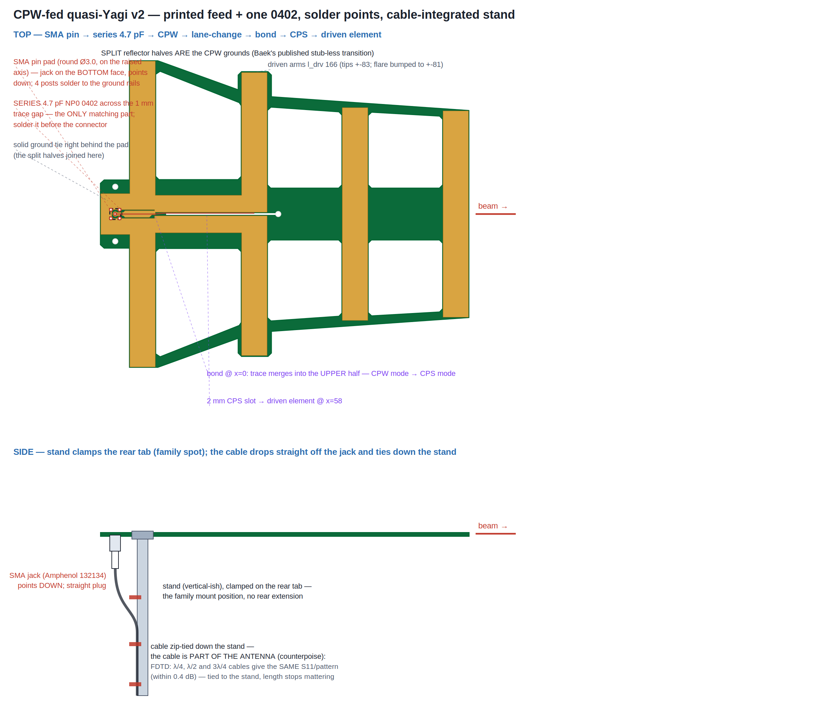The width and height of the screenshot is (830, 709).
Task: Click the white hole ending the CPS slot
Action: tap(278, 214)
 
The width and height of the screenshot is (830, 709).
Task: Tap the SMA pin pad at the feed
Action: tap(115, 214)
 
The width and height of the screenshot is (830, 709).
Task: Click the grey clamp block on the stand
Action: tap(143, 535)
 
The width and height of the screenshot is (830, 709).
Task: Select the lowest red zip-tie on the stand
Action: tap(135, 684)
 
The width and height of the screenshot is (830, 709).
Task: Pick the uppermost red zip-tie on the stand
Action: tap(135, 597)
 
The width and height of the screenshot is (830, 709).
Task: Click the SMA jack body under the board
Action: tap(115, 543)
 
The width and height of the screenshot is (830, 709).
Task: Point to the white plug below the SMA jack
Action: tap(115, 560)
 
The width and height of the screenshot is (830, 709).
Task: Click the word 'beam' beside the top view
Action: tap(488, 206)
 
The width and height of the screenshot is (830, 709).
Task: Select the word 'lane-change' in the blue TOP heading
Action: tap(216, 35)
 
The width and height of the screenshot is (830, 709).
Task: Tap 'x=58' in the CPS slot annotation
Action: tap(334, 401)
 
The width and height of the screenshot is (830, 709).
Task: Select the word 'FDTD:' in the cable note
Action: tap(161, 667)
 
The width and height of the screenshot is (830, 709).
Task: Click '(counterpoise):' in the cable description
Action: tap(301, 656)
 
